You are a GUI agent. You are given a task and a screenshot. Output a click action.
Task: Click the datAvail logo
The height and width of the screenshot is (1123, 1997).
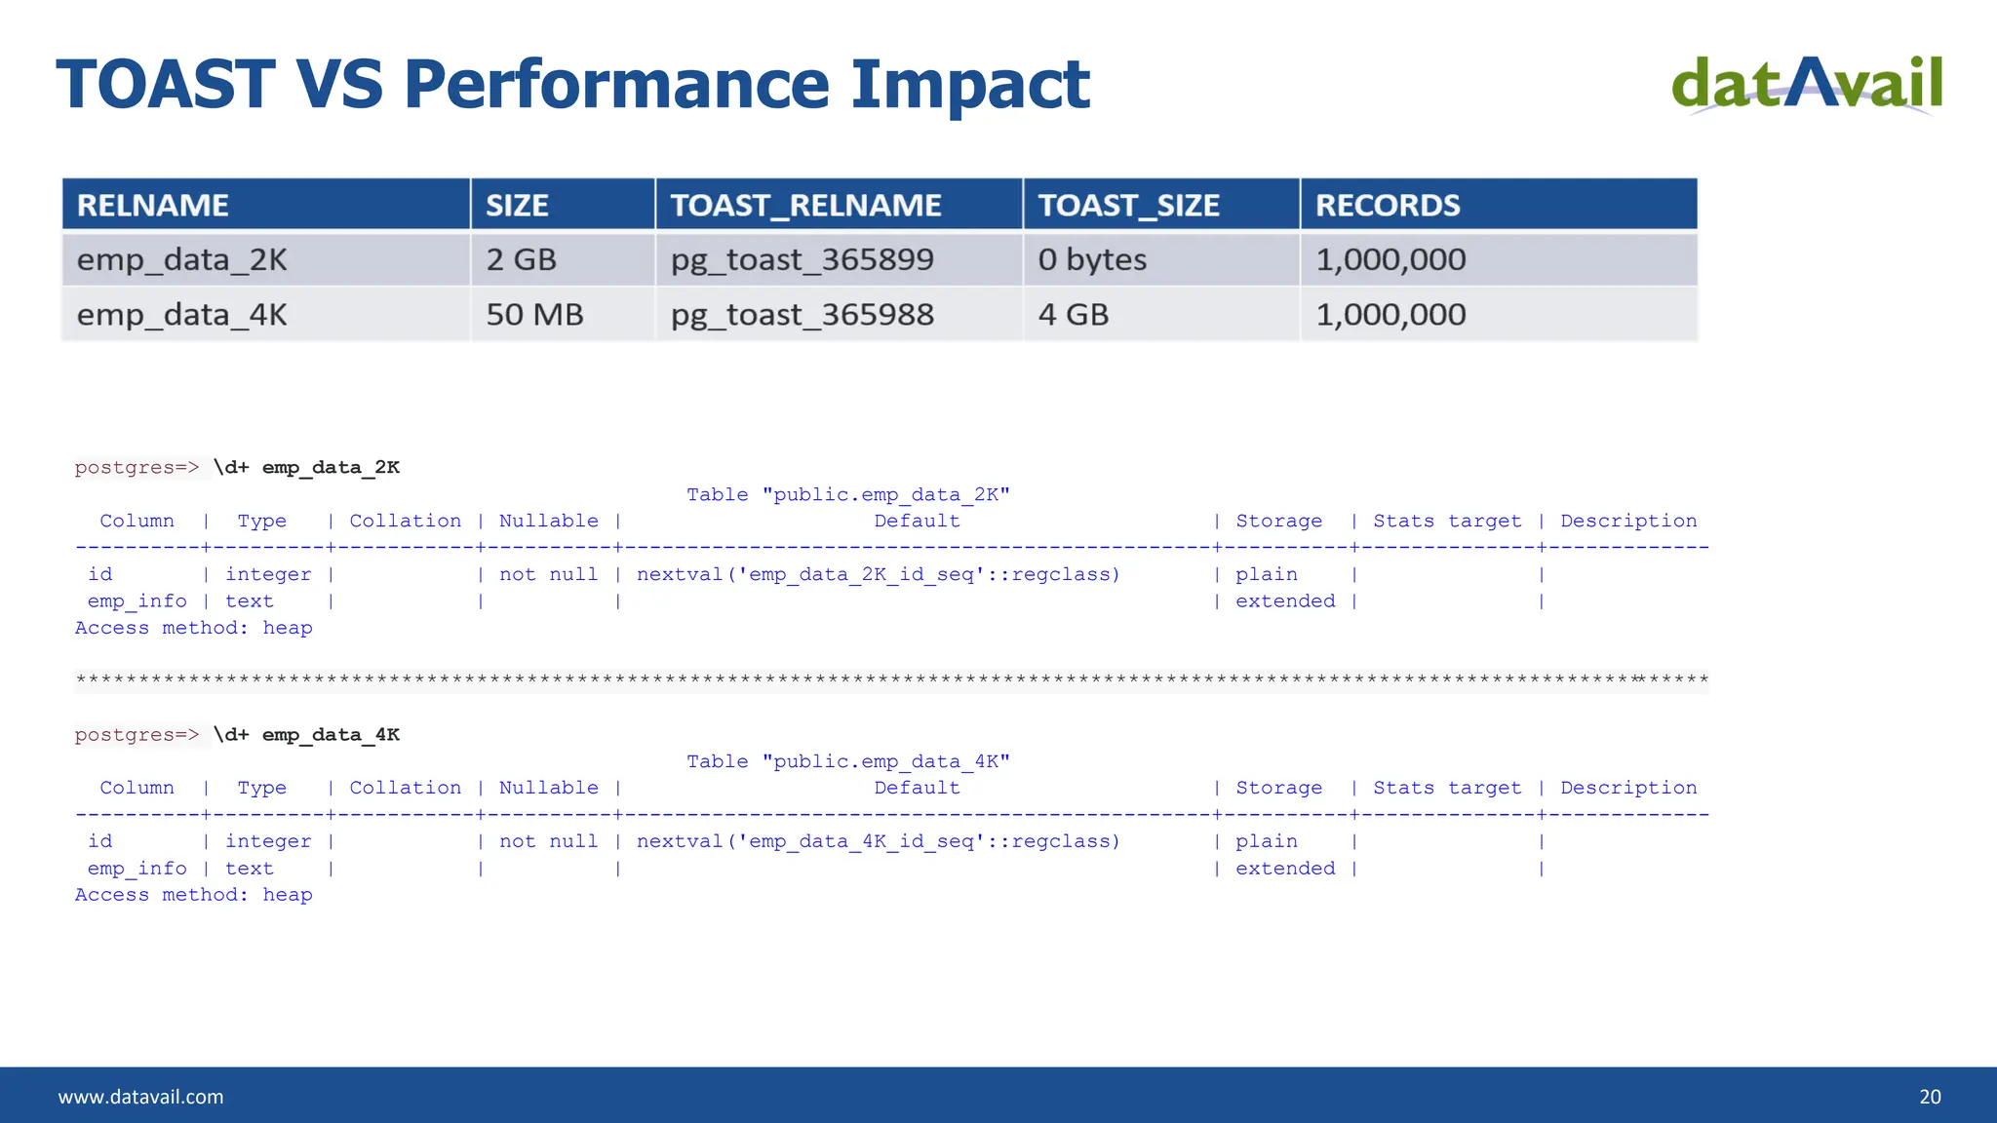pos(1807,84)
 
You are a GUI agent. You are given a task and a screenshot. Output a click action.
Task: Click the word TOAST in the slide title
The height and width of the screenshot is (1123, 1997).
pos(166,85)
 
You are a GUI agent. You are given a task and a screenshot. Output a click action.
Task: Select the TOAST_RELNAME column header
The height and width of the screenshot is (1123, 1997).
pos(805,206)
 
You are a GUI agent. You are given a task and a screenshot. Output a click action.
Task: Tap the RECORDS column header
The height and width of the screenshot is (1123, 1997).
pos(1387,206)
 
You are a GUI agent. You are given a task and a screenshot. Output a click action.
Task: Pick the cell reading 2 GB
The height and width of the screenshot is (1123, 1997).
pos(521,260)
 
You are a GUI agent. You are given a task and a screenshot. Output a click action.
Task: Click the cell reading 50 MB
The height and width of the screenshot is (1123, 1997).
pos(534,315)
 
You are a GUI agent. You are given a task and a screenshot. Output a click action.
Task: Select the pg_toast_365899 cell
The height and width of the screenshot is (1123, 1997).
pos(802,260)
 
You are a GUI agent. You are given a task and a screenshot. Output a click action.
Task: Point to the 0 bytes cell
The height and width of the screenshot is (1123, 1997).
pos(1091,260)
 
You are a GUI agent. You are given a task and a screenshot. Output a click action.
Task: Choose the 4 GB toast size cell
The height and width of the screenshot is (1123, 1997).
pos(1073,315)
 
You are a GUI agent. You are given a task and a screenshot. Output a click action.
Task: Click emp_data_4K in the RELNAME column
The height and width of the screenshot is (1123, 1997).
pos(181,315)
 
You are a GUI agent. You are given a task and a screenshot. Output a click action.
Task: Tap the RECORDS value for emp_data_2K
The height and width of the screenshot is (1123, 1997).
pos(1390,260)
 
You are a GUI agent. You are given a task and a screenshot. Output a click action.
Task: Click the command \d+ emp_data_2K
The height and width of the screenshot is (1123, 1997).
pos(306,468)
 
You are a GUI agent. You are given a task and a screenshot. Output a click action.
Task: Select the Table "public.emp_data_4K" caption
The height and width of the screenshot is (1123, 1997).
pos(847,761)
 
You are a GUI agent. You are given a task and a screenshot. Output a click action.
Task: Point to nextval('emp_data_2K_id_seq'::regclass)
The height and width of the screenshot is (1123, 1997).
pos(878,575)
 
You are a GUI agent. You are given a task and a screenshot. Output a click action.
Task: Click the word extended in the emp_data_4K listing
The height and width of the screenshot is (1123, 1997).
pos(1284,869)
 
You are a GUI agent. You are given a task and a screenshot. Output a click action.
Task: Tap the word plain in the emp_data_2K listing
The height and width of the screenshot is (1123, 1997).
pos(1266,575)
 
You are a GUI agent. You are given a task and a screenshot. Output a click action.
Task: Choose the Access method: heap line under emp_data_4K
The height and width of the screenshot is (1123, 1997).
pos(193,895)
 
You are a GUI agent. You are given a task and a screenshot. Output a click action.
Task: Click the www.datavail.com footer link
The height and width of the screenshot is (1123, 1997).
pos(140,1097)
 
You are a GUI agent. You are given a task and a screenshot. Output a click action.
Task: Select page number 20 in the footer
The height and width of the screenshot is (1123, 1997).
pos(1929,1097)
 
